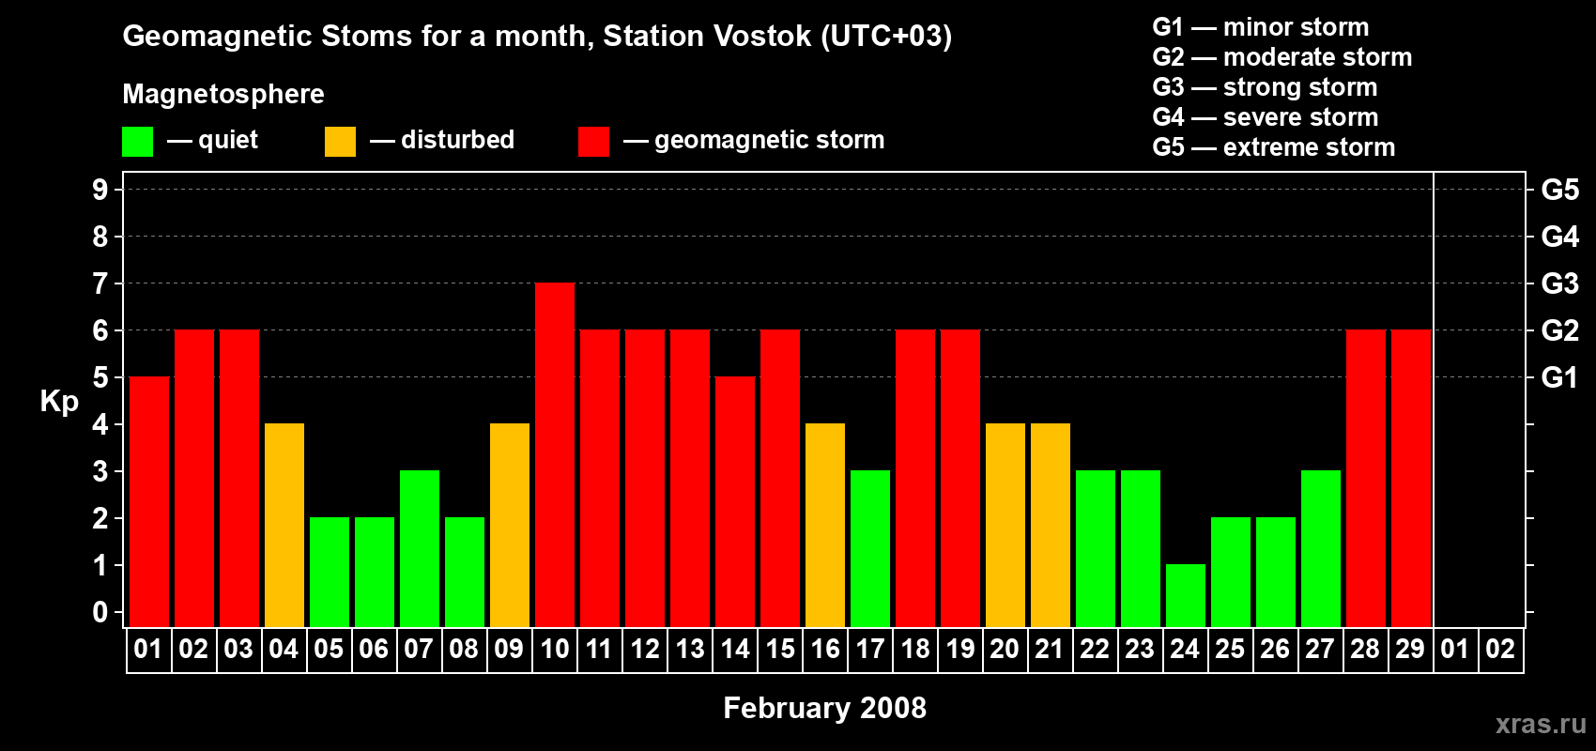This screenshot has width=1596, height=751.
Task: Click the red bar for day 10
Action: tap(555, 454)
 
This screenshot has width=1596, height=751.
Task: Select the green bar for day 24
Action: tap(1186, 595)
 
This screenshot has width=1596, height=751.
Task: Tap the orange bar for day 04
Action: tap(284, 525)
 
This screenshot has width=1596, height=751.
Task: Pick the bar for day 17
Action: tap(870, 548)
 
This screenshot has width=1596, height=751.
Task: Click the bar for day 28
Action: tap(1366, 478)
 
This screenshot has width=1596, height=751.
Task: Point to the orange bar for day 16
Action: tap(825, 525)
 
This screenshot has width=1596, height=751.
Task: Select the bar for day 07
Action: tap(420, 548)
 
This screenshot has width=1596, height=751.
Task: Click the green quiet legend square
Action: tap(137, 142)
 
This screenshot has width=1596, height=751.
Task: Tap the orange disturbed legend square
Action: tap(340, 142)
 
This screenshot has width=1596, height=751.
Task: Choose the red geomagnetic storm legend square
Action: tap(593, 142)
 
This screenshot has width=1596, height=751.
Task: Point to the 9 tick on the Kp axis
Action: tap(100, 190)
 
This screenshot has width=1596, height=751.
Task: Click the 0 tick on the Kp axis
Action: tap(100, 613)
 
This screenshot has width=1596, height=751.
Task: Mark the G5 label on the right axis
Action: tap(1559, 190)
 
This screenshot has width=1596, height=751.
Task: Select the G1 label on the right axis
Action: tap(1559, 377)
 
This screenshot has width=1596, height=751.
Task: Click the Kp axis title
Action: tap(59, 402)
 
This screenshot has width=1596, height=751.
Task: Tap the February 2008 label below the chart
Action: tap(824, 708)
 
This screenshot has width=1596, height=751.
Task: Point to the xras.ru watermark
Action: tap(1541, 724)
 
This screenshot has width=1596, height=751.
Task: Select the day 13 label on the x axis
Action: tap(690, 649)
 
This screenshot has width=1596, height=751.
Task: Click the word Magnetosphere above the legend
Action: tap(223, 94)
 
